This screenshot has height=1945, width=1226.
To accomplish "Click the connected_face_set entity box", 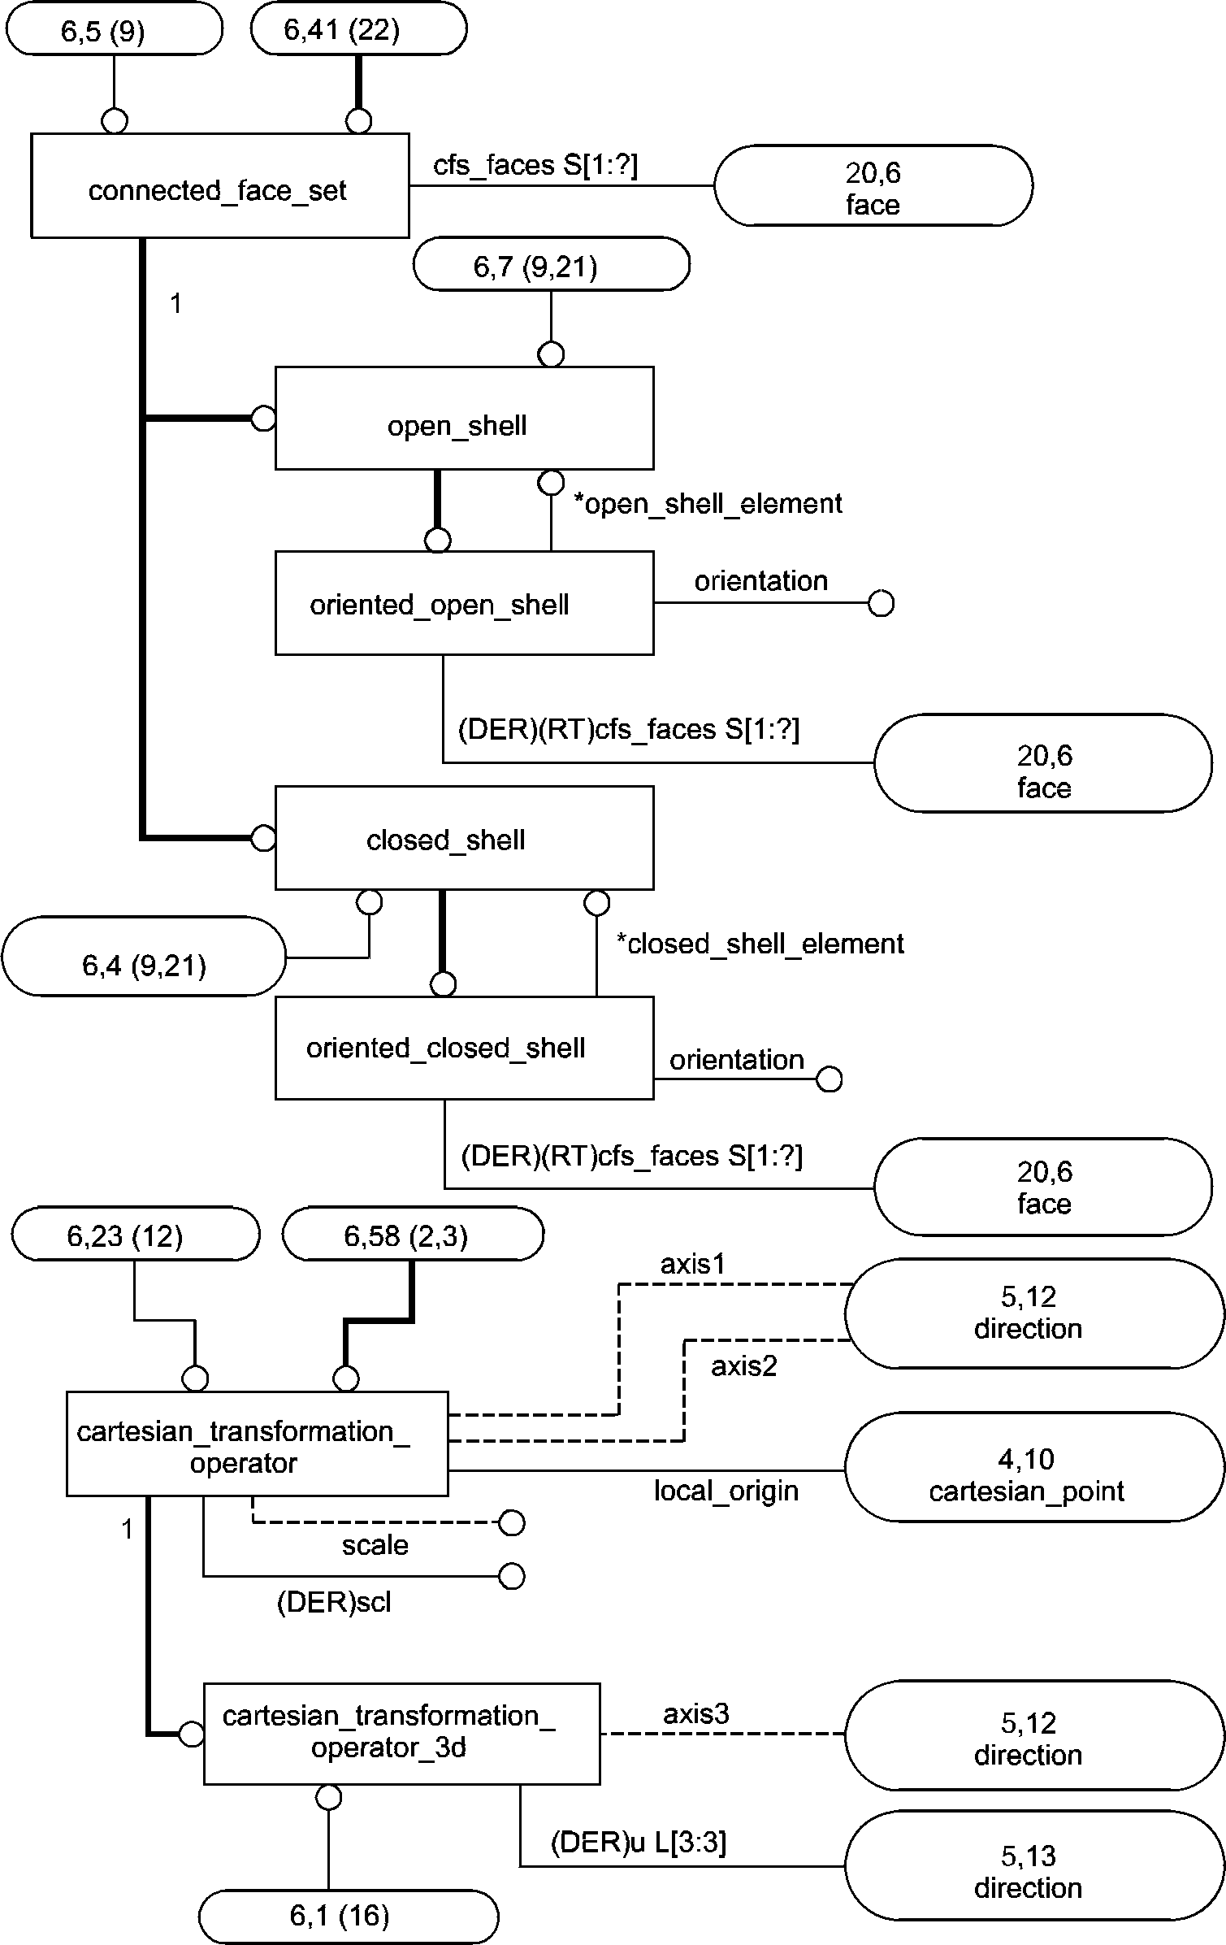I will point(219,186).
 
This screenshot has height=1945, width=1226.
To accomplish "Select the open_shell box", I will point(464,419).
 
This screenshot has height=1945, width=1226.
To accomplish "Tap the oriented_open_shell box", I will point(464,603).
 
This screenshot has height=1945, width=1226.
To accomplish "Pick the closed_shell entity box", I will point(464,837).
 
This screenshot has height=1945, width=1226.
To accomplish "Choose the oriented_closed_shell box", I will point(464,1048).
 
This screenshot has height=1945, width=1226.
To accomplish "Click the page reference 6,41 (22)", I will point(358,30).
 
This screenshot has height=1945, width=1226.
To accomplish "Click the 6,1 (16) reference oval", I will point(348,1916).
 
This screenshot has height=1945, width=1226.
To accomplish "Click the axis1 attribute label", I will point(692,1264).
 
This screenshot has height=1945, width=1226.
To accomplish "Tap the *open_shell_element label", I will point(708,504).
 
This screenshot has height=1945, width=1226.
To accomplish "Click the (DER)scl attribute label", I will point(334,1602).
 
